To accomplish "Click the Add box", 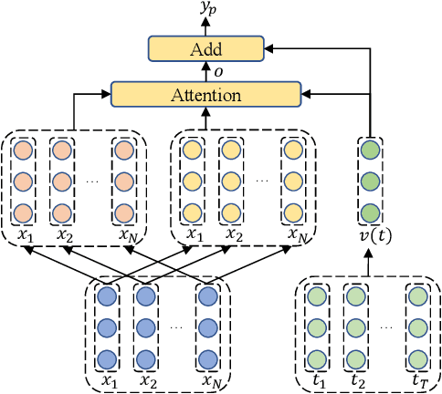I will point(206,49).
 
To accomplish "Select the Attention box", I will point(205,94).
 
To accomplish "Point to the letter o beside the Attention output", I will point(217,72).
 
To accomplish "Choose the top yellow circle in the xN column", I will point(292,150).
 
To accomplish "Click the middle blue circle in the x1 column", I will point(108,327).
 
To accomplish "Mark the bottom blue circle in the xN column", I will point(207,358).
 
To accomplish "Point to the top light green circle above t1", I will point(317,296).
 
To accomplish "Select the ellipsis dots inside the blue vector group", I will point(176,327).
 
